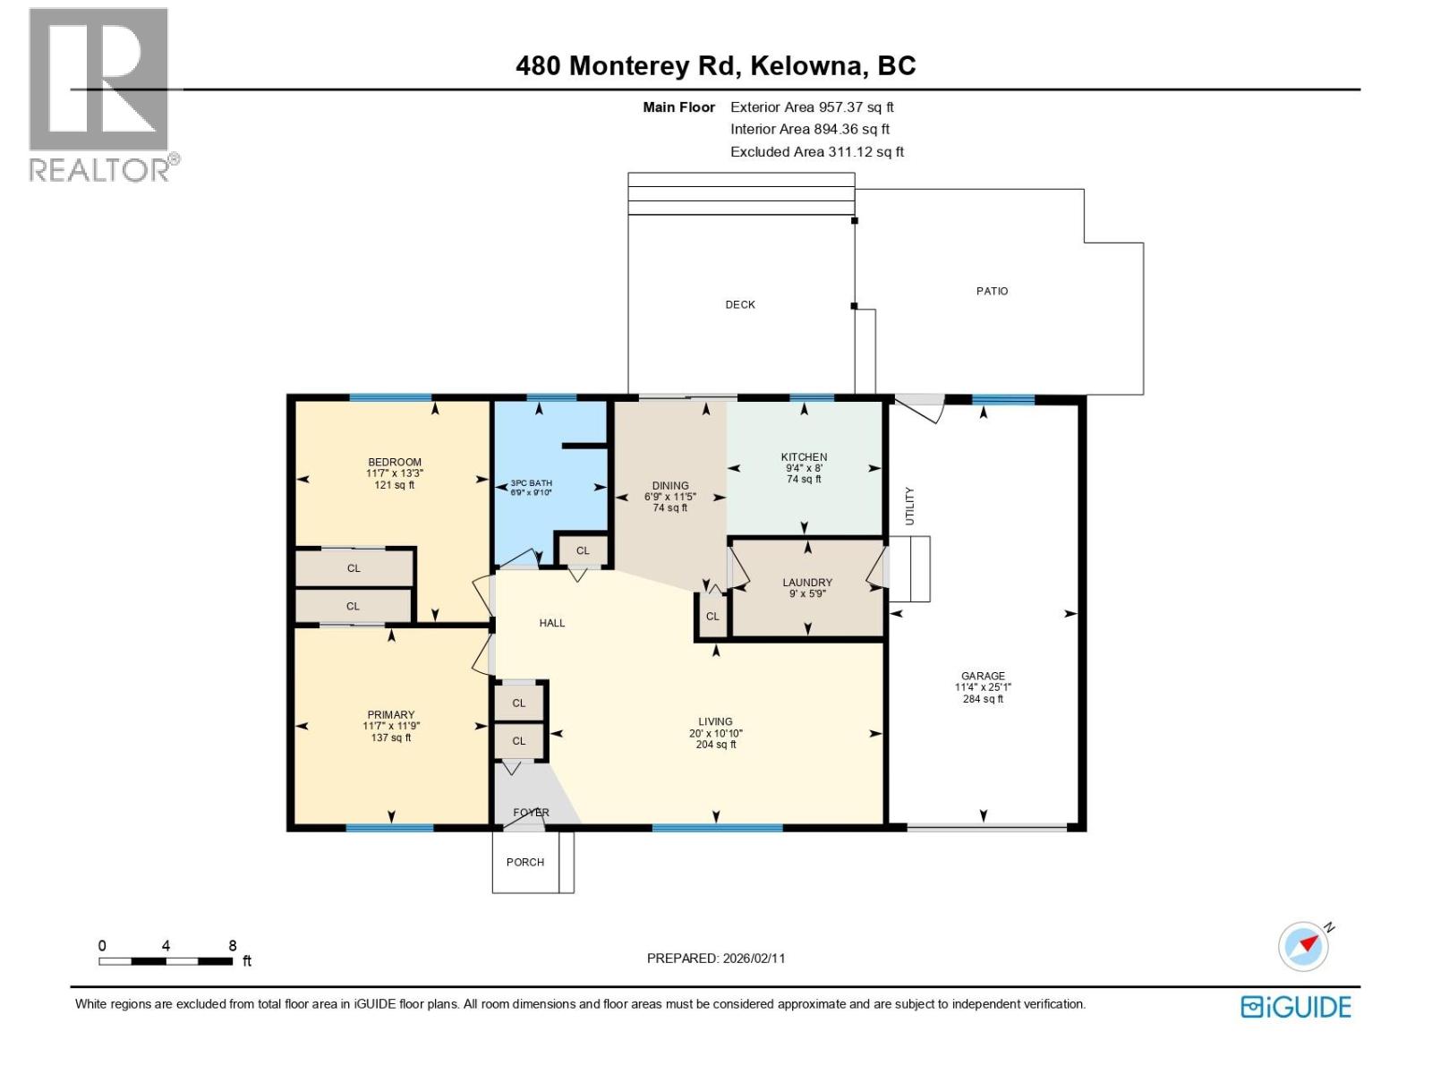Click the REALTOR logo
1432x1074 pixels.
coord(99,94)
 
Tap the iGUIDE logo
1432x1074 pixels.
coord(1295,1007)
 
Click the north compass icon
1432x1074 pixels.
coord(1303,946)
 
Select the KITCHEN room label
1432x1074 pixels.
coord(804,457)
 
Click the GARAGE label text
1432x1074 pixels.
coord(983,677)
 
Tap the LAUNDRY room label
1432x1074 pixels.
coord(807,583)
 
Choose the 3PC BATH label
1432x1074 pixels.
coord(532,483)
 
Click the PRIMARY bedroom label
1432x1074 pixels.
coord(391,715)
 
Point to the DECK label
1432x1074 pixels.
coord(740,305)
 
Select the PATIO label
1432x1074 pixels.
coord(992,292)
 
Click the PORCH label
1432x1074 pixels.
coord(525,863)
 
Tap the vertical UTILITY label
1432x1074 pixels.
coord(910,507)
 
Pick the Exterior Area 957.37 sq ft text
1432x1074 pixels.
coord(812,107)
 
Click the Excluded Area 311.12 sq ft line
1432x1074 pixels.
coord(816,152)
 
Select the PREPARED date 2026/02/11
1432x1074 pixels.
coord(716,959)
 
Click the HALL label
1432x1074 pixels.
coord(552,623)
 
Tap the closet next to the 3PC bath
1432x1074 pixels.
coord(583,551)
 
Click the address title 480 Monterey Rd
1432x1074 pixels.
coord(715,66)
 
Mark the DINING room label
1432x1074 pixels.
coord(670,486)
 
